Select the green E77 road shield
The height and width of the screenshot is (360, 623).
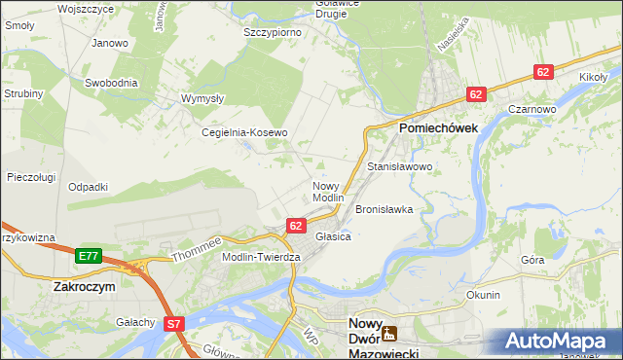pos(88,256)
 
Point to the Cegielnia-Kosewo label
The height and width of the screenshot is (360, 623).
pos(244,132)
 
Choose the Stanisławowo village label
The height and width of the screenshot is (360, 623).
pos(399,167)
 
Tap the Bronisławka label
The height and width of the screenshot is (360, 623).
pos(385,209)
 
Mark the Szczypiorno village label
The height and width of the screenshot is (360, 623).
pos(272,32)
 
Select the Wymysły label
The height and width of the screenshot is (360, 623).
pos(203,98)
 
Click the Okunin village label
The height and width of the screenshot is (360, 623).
pos(483,295)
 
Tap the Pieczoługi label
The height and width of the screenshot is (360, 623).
pos(31,177)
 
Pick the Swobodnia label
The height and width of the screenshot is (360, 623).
pos(111,83)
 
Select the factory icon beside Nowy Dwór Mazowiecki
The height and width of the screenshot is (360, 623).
pos(388,334)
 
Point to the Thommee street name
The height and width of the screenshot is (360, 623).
pos(198,249)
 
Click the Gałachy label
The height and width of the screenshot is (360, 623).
pos(136,322)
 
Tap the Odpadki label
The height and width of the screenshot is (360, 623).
pos(88,186)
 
